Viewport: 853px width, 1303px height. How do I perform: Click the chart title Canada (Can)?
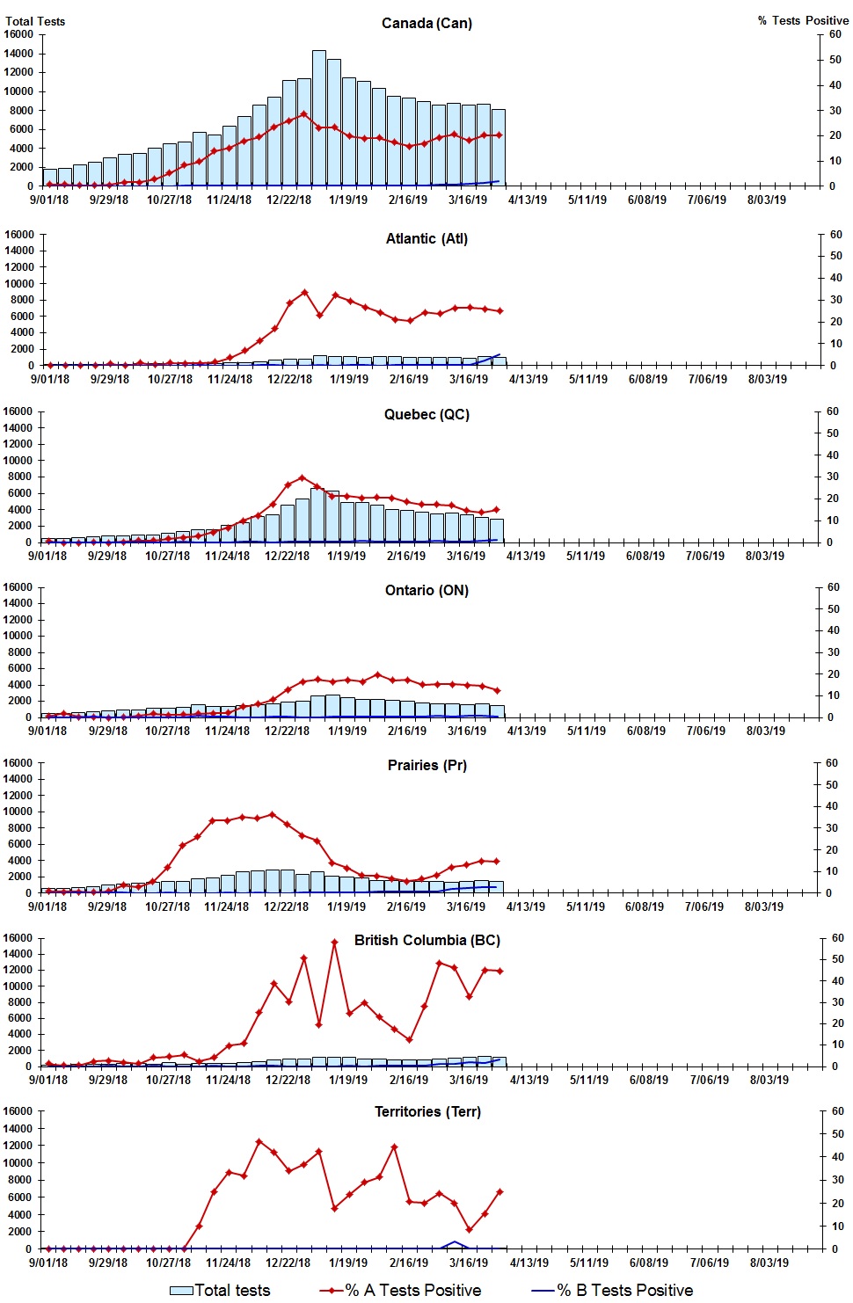tap(426, 23)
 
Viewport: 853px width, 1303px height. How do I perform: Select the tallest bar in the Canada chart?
tap(319, 118)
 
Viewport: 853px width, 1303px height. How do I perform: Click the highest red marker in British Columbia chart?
tap(334, 943)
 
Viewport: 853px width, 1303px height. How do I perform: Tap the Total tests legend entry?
tap(220, 1290)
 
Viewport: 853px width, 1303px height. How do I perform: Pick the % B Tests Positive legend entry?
tap(613, 1290)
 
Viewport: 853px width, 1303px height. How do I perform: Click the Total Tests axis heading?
tap(35, 21)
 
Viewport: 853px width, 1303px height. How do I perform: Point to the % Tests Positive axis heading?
tap(803, 20)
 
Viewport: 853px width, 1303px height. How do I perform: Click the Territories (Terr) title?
tap(427, 1111)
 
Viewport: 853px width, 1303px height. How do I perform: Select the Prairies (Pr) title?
tap(427, 765)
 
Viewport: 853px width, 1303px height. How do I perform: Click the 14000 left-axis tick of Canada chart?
tap(18, 54)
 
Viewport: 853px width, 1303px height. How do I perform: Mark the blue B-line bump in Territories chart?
tap(454, 1242)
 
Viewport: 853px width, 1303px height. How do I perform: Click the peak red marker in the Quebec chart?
tap(303, 478)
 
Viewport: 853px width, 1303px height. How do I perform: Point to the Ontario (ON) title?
tap(426, 590)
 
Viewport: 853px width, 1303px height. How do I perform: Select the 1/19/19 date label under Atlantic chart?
tap(349, 379)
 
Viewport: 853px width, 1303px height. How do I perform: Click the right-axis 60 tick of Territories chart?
tap(837, 1111)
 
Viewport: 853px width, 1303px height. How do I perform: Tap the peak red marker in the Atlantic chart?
tap(305, 293)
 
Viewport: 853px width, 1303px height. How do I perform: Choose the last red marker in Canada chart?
tap(499, 135)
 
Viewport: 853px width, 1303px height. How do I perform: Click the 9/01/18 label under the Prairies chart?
tap(47, 906)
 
